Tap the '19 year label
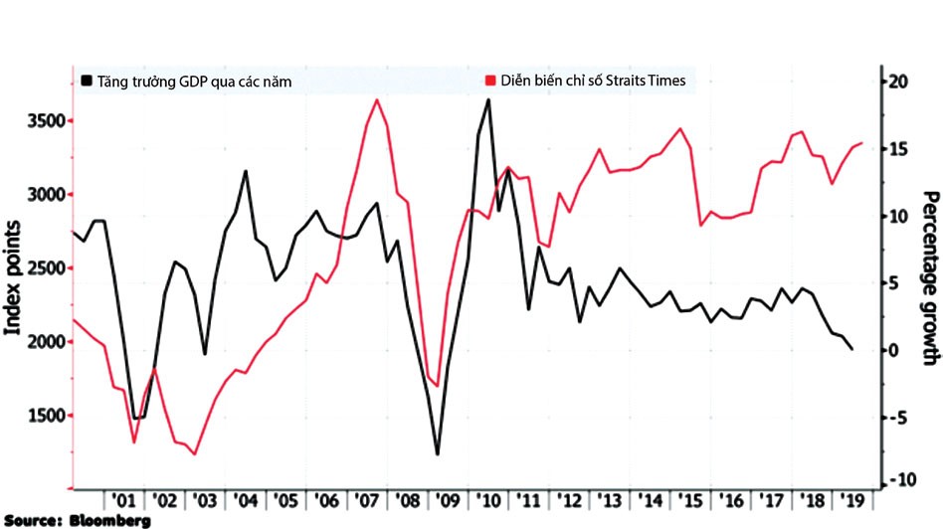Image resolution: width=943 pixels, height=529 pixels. (x=851, y=499)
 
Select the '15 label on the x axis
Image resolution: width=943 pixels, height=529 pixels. (x=688, y=499)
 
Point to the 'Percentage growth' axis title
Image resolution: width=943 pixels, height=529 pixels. (x=929, y=275)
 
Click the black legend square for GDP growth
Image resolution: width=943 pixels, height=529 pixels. (x=87, y=82)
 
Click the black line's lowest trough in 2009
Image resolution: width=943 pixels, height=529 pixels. (x=438, y=454)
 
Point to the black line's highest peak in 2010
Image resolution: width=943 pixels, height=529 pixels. (x=487, y=99)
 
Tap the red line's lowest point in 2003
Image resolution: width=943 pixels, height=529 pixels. (x=194, y=453)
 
